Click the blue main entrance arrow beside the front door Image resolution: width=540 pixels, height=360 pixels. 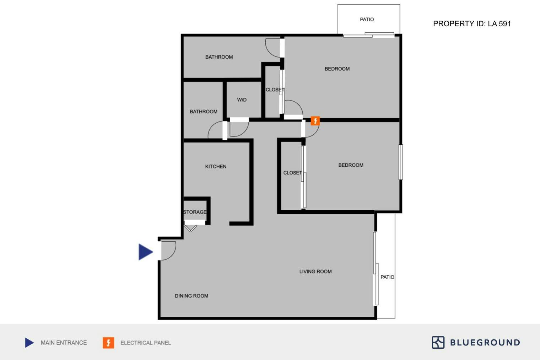click(x=145, y=252)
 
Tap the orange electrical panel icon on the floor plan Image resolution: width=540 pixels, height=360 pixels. click(x=315, y=121)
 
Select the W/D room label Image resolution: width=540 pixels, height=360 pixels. click(x=242, y=100)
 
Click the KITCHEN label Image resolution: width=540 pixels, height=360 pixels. click(x=216, y=166)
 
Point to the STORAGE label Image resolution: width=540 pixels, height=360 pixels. click(x=195, y=212)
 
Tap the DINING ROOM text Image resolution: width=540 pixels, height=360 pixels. click(x=191, y=296)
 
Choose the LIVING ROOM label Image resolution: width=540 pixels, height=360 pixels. click(x=315, y=272)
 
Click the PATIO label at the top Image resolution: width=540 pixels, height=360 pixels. click(x=367, y=20)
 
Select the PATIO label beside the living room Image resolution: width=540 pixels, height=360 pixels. click(x=387, y=277)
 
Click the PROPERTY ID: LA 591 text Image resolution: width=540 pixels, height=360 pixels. click(x=472, y=24)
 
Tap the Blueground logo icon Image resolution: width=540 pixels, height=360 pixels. click(x=438, y=342)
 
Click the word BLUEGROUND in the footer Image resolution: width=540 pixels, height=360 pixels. click(x=485, y=343)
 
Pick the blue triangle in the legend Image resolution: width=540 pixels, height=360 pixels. click(x=29, y=343)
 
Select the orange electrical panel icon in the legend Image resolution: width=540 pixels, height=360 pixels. click(x=108, y=343)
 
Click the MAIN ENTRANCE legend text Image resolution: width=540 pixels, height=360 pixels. click(x=64, y=343)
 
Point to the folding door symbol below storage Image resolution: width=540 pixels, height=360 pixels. click(x=191, y=228)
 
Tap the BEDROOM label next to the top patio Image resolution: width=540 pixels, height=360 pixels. click(x=337, y=69)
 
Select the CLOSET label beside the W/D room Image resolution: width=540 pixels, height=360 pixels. click(x=275, y=90)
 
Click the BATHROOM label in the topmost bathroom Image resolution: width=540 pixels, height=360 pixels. click(x=219, y=57)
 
